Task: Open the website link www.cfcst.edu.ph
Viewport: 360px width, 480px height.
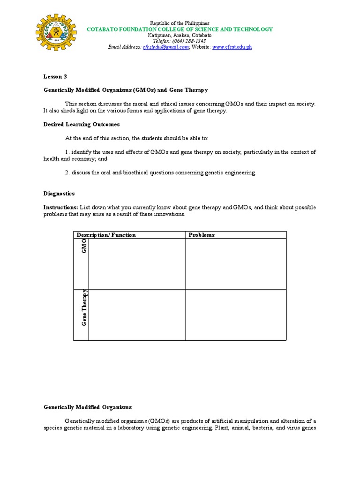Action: point(232,47)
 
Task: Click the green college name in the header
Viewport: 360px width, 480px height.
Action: point(180,29)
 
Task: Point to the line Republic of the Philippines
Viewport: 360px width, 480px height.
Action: point(180,23)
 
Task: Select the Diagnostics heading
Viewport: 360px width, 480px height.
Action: point(59,194)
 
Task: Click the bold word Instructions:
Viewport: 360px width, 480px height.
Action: point(60,207)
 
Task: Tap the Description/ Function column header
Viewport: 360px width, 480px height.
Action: point(106,235)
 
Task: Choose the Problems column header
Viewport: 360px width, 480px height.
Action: point(202,235)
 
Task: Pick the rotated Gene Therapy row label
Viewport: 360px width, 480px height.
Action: point(84,308)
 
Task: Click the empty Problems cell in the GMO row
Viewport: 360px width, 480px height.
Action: point(235,264)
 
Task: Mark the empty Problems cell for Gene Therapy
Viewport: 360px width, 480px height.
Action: point(235,315)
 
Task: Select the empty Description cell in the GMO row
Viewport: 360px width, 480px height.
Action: point(137,264)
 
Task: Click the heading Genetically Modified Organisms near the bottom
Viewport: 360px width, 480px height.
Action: point(88,407)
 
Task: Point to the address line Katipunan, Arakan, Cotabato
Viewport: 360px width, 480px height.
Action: point(180,35)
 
